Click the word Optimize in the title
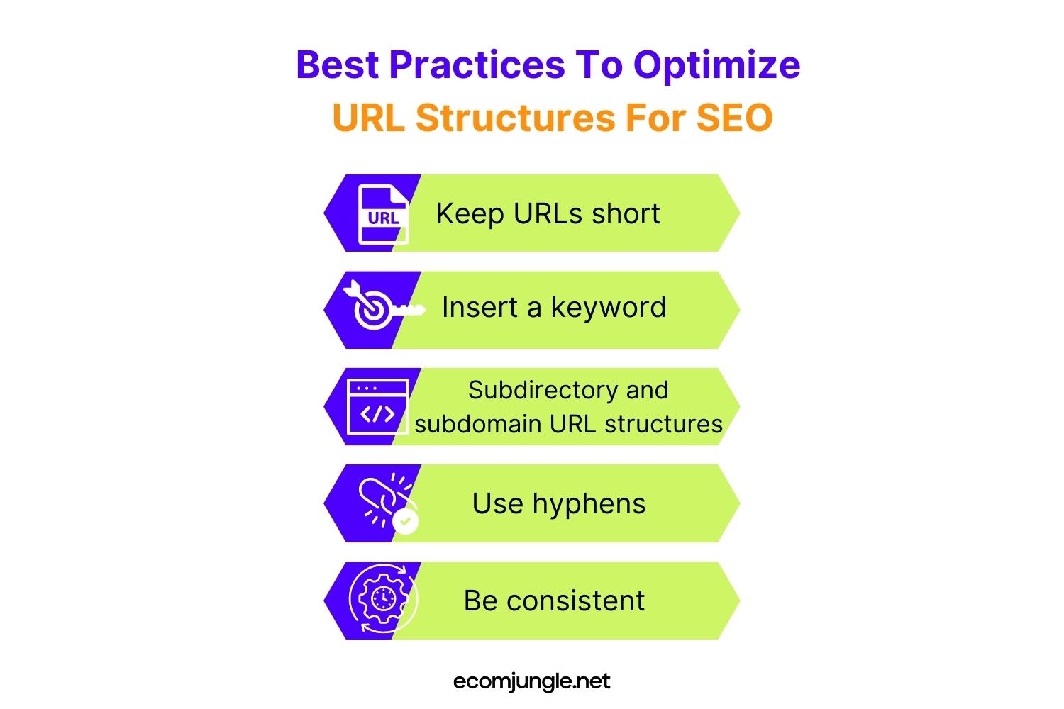click(x=716, y=65)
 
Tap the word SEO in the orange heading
click(x=734, y=118)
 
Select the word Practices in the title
click(x=477, y=65)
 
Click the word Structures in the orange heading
click(x=516, y=118)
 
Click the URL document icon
click(x=383, y=213)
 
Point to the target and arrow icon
click(x=384, y=305)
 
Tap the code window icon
click(x=377, y=406)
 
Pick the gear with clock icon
click(x=383, y=598)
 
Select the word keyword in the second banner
click(x=609, y=307)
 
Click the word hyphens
click(x=589, y=504)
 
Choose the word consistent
click(x=576, y=601)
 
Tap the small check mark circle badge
click(x=405, y=521)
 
